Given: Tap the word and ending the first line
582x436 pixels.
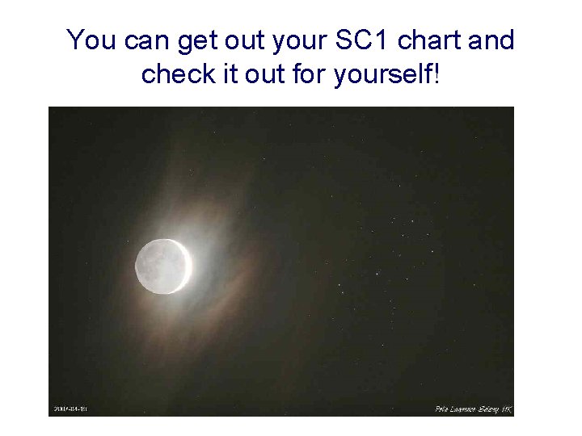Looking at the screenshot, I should click(x=490, y=40).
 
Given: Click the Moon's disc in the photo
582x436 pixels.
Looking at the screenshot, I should click(x=161, y=265).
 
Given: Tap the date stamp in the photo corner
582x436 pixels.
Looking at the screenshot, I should click(x=70, y=409).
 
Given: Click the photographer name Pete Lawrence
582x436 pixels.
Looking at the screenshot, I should click(x=456, y=409).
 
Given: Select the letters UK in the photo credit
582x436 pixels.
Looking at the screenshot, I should click(x=505, y=409).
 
